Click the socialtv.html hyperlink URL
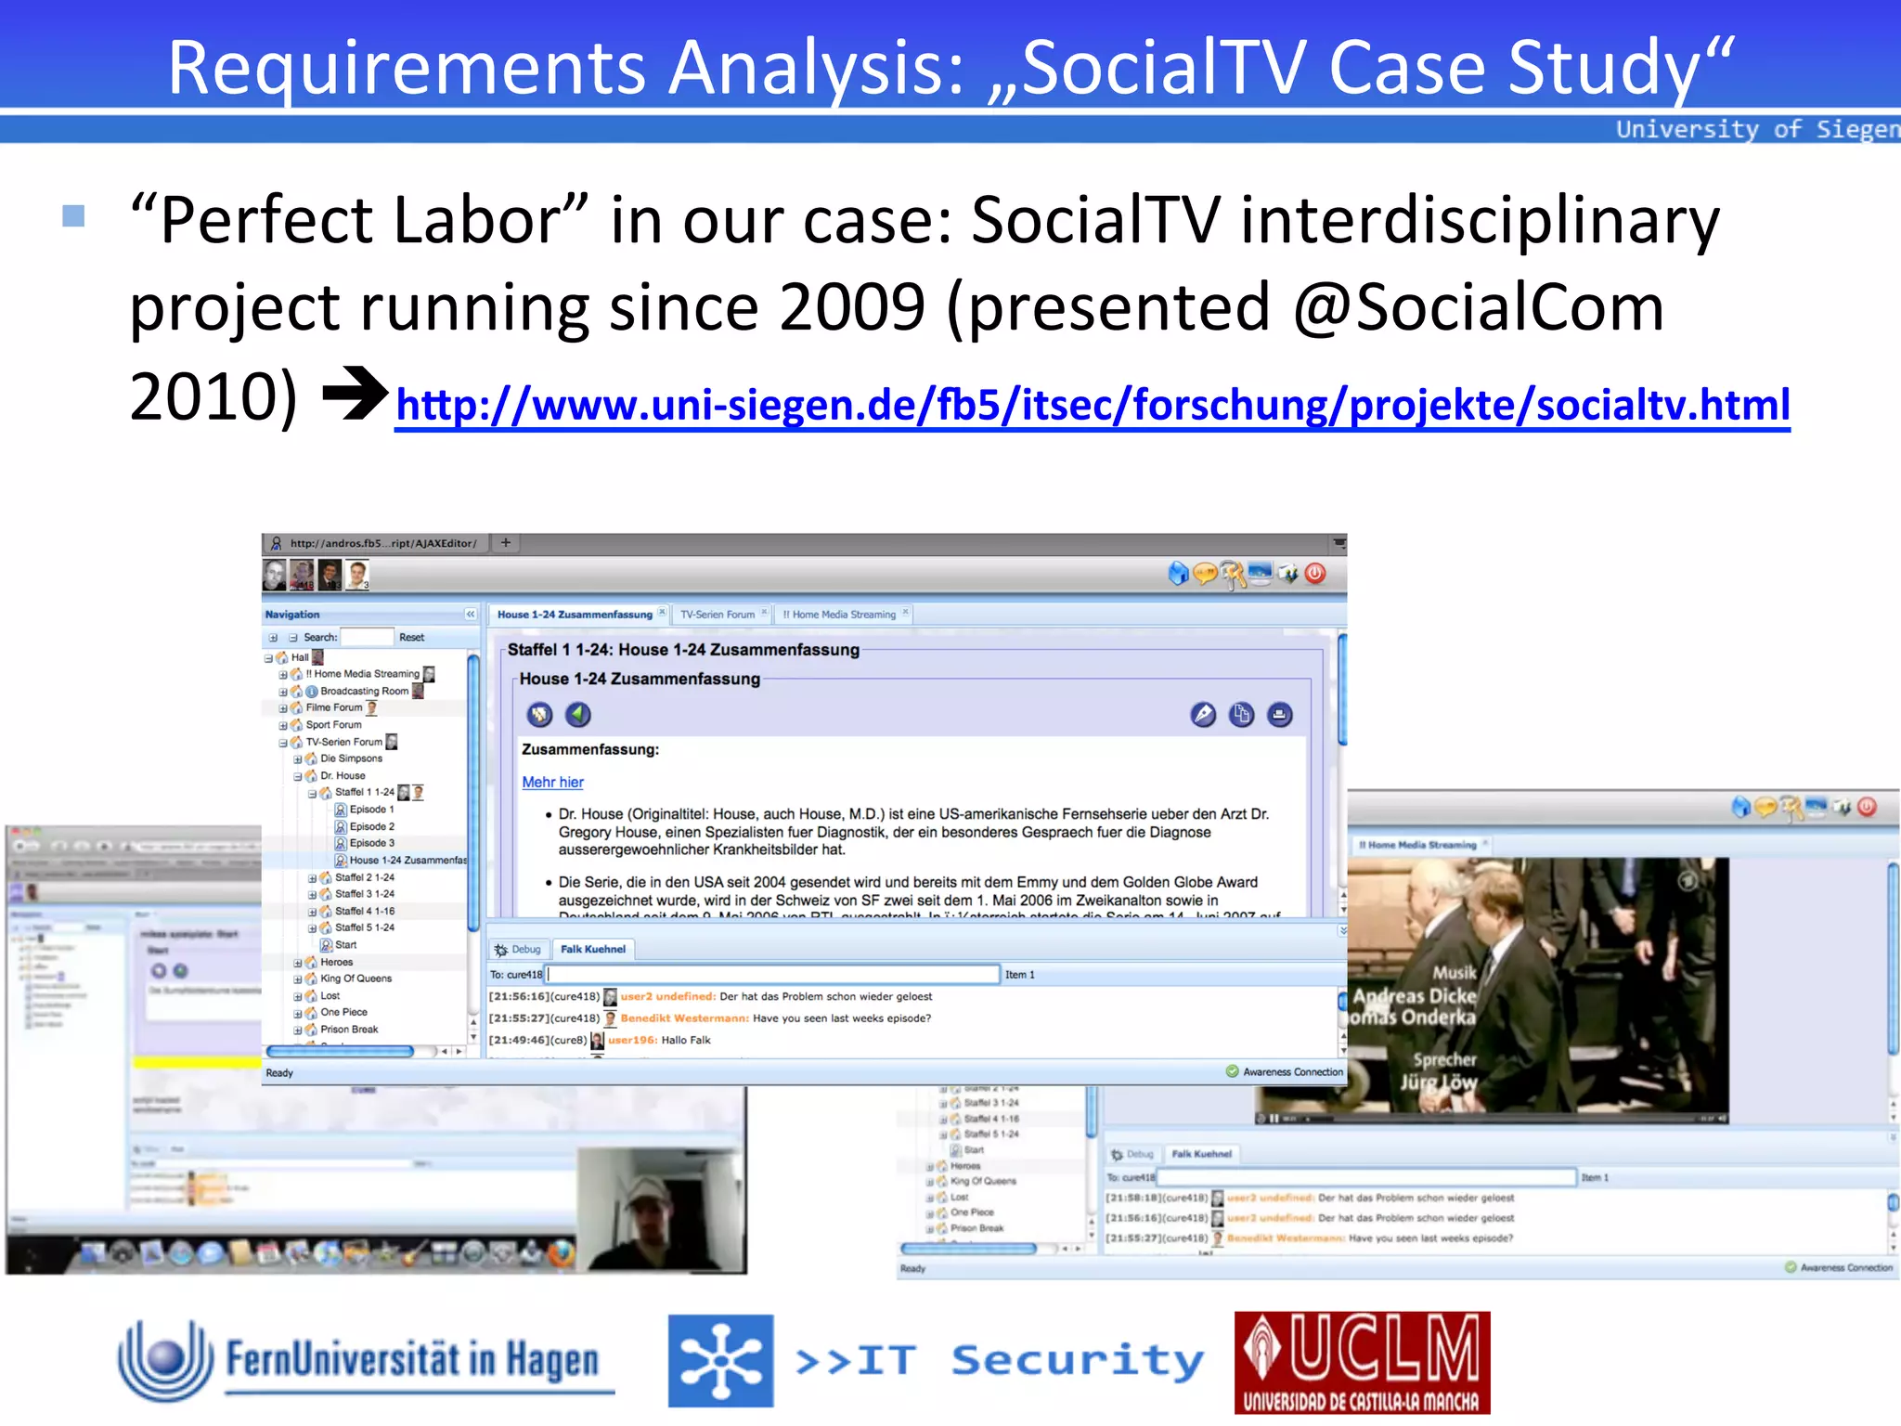(x=1092, y=406)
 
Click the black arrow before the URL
(x=355, y=394)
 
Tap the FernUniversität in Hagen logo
(x=367, y=1361)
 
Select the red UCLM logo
(x=1362, y=1362)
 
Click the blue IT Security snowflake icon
(x=720, y=1361)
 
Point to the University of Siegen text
(x=1756, y=129)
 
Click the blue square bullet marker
(x=73, y=216)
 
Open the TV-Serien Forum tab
(x=718, y=615)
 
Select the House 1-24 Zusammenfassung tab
(x=575, y=615)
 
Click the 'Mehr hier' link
(x=552, y=783)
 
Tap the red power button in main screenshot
(x=1315, y=574)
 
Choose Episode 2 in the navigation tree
(x=371, y=826)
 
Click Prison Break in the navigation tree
(x=349, y=1030)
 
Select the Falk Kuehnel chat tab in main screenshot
(x=592, y=949)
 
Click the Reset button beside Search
(x=411, y=638)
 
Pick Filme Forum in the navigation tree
(x=334, y=707)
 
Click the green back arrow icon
(x=578, y=714)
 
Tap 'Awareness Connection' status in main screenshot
(x=1292, y=1072)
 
